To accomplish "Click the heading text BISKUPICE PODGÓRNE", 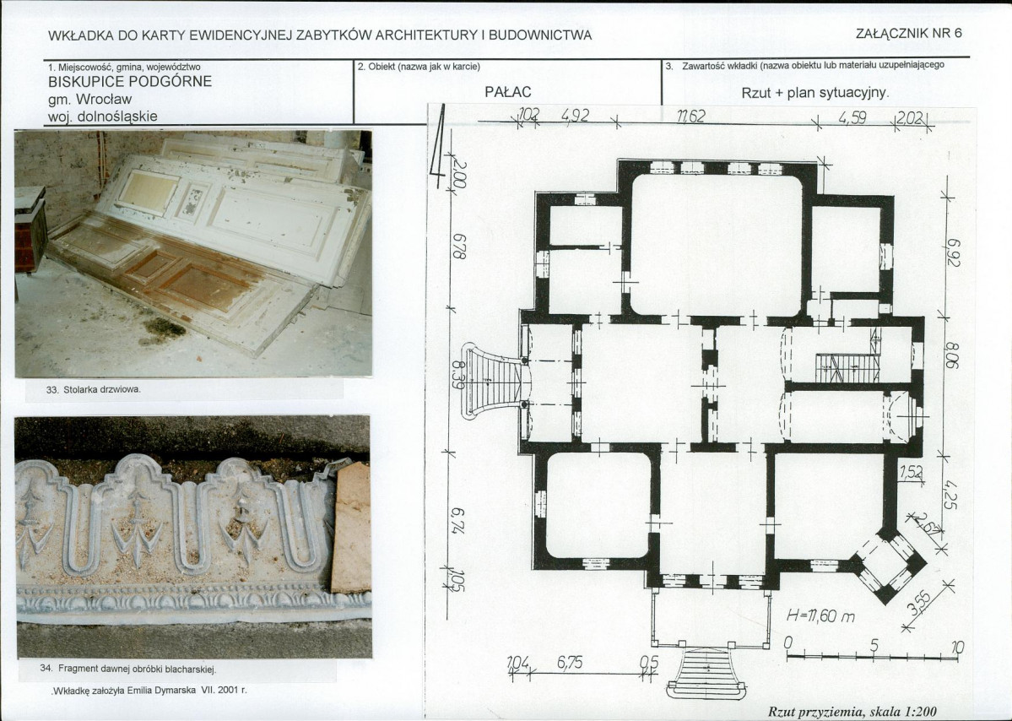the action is click(130, 82).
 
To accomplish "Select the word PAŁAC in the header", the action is click(508, 92).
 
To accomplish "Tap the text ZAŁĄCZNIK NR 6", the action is click(909, 34).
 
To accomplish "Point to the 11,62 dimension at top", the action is click(691, 117).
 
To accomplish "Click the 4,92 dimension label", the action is click(576, 116).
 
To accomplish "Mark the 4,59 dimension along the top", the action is click(852, 117).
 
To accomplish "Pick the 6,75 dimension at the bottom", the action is click(570, 663).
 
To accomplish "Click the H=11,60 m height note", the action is click(820, 616).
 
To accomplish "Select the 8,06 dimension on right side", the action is click(952, 356).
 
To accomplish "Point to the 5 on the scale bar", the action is click(874, 646).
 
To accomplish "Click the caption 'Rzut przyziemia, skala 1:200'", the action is click(852, 712).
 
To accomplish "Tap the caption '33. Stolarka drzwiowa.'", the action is click(93, 390).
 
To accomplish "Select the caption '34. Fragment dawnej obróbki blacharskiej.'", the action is click(128, 669).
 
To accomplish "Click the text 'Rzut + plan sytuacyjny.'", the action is click(815, 93).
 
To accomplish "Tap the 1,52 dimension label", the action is click(911, 473).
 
